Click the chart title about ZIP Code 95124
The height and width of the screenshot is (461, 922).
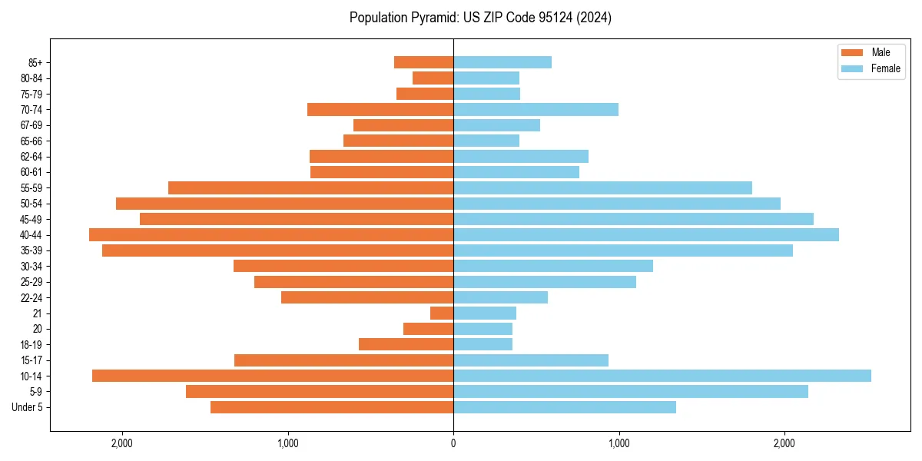pyautogui.click(x=480, y=18)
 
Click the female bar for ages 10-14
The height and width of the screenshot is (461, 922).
pyautogui.click(x=662, y=376)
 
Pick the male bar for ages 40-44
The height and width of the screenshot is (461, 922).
pyautogui.click(x=271, y=235)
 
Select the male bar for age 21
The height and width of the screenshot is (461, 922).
pyautogui.click(x=442, y=313)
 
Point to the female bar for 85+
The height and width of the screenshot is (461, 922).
pyautogui.click(x=502, y=62)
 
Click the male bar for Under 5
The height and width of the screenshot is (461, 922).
pyautogui.click(x=332, y=407)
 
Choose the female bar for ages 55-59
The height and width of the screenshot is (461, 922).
pyautogui.click(x=602, y=188)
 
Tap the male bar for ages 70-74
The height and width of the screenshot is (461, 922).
pyautogui.click(x=380, y=110)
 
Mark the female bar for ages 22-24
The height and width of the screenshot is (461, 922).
pyautogui.click(x=500, y=297)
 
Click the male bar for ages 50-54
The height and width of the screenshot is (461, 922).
pyautogui.click(x=284, y=204)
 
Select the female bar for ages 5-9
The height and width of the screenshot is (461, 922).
pyautogui.click(x=630, y=392)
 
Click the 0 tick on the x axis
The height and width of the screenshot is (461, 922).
pyautogui.click(x=453, y=443)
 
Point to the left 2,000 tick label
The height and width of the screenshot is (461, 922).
pyautogui.click(x=122, y=443)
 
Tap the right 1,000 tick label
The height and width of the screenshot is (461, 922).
pyautogui.click(x=619, y=443)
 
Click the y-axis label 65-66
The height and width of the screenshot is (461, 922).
pyautogui.click(x=31, y=141)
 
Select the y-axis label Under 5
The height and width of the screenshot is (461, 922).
pyautogui.click(x=28, y=407)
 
